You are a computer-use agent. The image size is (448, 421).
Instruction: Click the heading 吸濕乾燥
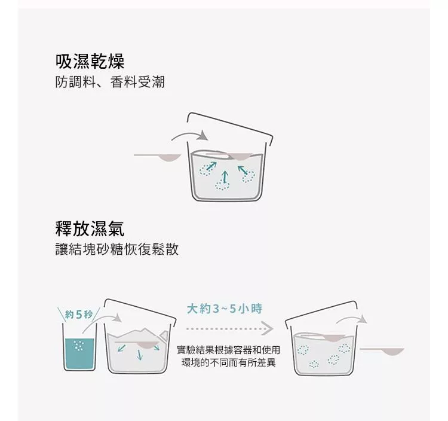pyautogui.click(x=90, y=62)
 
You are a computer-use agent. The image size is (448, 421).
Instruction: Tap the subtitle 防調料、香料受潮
pyautogui.click(x=110, y=82)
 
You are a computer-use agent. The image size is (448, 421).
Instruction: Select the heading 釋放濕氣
pyautogui.click(x=90, y=229)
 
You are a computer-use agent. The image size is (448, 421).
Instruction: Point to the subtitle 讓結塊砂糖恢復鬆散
pyautogui.click(x=117, y=249)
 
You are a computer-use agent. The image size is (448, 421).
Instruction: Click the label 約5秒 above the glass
pyautogui.click(x=79, y=315)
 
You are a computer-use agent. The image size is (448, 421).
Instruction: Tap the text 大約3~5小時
pyautogui.click(x=225, y=309)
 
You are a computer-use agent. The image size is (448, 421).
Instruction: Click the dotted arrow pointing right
pyautogui.click(x=230, y=328)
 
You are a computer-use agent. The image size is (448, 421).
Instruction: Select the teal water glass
pyautogui.click(x=79, y=347)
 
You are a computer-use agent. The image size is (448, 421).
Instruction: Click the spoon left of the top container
pyautogui.click(x=158, y=157)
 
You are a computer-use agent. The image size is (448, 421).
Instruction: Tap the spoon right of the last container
pyautogui.click(x=382, y=351)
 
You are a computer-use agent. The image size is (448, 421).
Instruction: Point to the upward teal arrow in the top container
pyautogui.click(x=225, y=177)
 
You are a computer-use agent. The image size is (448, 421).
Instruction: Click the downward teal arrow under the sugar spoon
pyautogui.click(x=139, y=355)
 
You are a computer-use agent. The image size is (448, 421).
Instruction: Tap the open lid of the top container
pyautogui.click(x=230, y=126)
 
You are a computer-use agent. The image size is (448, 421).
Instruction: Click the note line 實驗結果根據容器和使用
pyautogui.click(x=229, y=349)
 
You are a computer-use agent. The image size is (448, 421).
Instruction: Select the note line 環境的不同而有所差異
pyautogui.click(x=229, y=362)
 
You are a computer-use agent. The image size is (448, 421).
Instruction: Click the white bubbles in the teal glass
pyautogui.click(x=79, y=346)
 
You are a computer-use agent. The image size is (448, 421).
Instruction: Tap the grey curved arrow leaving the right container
pyautogui.click(x=351, y=319)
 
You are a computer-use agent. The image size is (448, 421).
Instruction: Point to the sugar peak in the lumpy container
pyautogui.click(x=145, y=330)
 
